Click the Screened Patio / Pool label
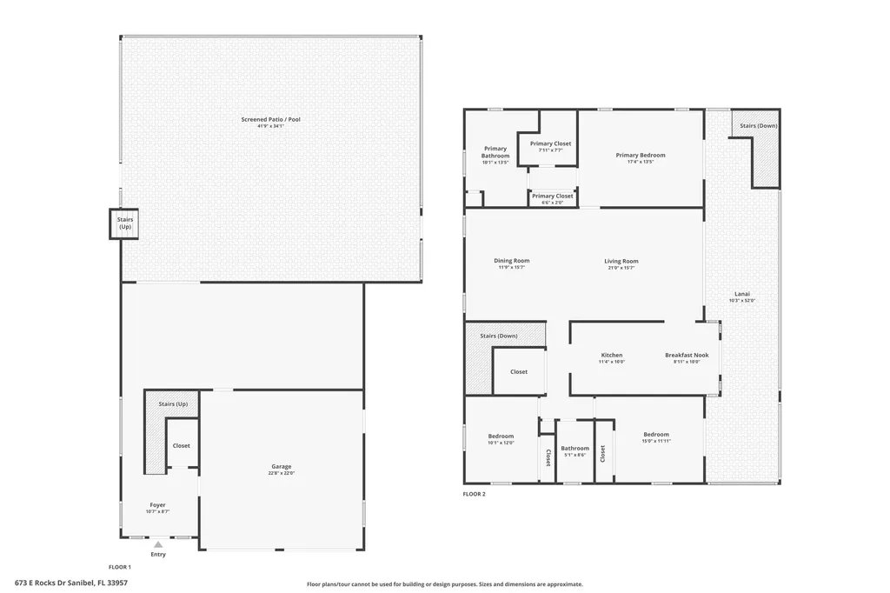[270, 119]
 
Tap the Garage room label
[281, 467]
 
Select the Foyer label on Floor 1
[157, 505]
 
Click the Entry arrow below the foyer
[158, 545]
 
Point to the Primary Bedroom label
[641, 156]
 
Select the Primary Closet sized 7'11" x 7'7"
[550, 143]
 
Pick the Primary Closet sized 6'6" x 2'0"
[552, 197]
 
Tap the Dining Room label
[511, 261]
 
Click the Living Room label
[621, 262]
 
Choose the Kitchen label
[612, 356]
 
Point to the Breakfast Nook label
[687, 356]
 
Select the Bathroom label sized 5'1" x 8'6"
[575, 449]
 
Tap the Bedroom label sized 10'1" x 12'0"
[501, 436]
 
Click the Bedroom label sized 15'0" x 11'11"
[656, 435]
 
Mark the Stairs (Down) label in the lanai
[758, 126]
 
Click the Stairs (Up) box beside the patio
[125, 223]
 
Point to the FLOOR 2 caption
[475, 494]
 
